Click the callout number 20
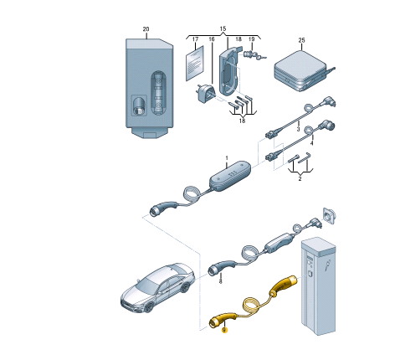coord(146,29)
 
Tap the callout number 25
coord(301,40)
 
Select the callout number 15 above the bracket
coord(223,28)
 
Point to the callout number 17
coord(195,39)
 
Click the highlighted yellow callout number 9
coord(224,330)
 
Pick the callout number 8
coord(220,281)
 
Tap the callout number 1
coord(227,158)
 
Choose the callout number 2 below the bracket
coord(300,178)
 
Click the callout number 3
coord(298,129)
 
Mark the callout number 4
coord(312,143)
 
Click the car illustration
coord(157,288)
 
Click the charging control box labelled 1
coord(230,176)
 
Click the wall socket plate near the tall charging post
coord(329,215)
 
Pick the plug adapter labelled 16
coord(205,93)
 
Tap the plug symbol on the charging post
coord(327,265)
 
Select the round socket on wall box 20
coord(139,106)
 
